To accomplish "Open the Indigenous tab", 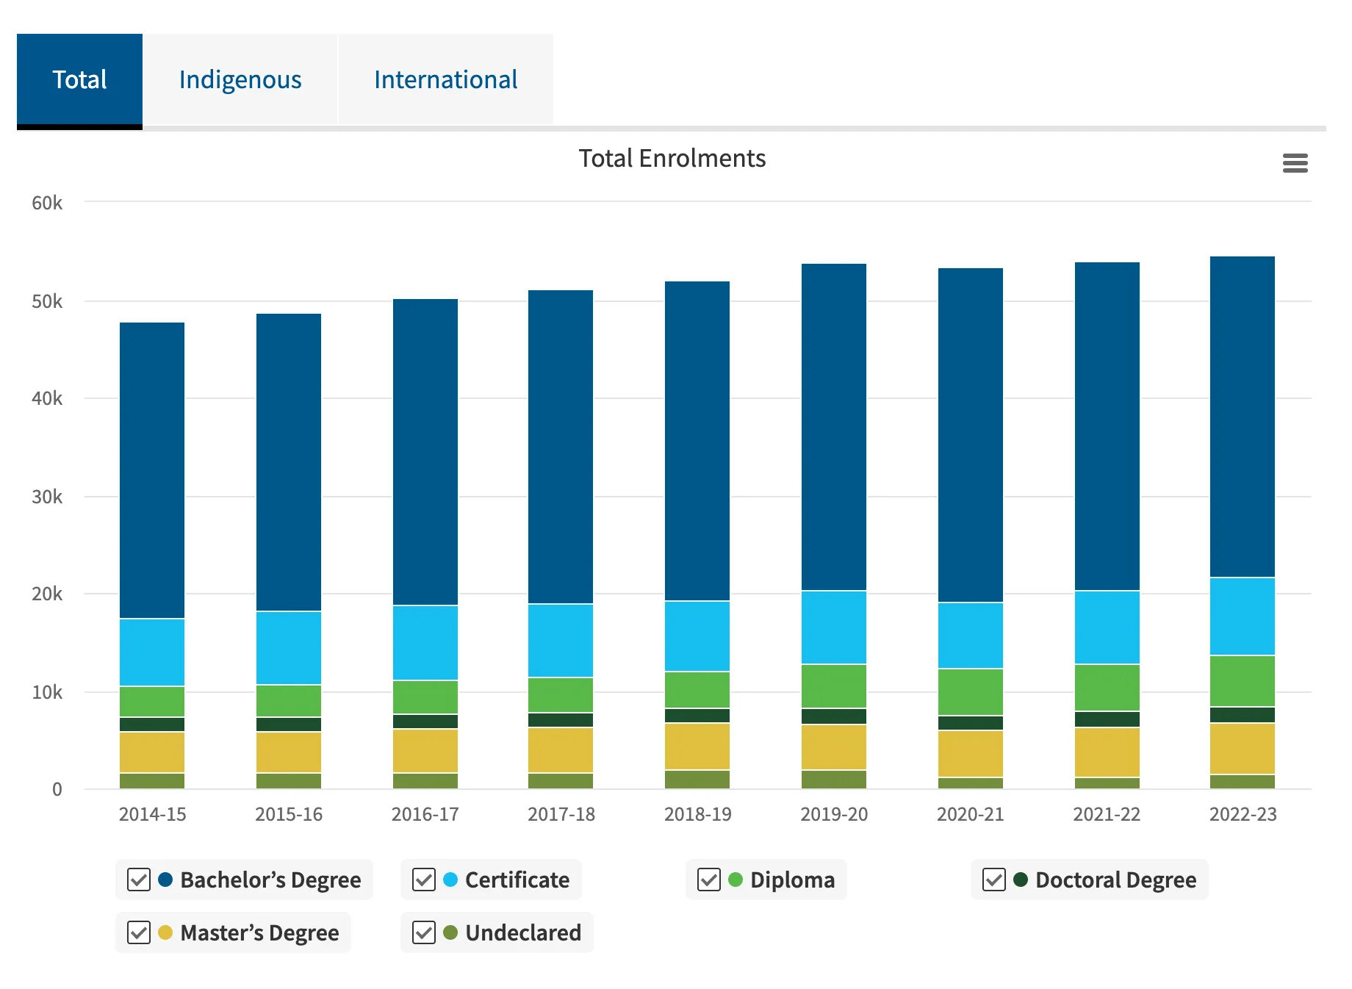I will pos(240,79).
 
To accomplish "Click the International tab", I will pos(445,79).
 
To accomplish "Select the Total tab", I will pos(79,79).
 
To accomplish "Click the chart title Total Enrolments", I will pos(672,158).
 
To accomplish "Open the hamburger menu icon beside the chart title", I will pos(1295,162).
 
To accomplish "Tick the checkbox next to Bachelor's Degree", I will pos(139,880).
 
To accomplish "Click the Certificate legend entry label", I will pos(517,880).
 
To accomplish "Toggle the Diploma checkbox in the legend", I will pos(709,880).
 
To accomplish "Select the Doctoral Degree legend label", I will pos(1115,880).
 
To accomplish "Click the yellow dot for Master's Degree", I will pos(165,932).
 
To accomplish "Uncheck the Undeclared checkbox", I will pos(424,932).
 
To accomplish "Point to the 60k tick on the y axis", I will pos(47,203).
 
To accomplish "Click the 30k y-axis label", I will pos(47,497).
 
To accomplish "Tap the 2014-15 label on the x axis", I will pos(152,814).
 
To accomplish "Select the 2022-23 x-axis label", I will pos(1243,814).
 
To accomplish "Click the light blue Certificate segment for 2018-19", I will pos(697,636).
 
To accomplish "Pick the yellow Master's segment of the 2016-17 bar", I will pos(425,750).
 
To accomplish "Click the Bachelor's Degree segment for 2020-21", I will pos(970,434).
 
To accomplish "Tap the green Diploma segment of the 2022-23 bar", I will pos(1243,680).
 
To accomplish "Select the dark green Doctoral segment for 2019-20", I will pos(834,716).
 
